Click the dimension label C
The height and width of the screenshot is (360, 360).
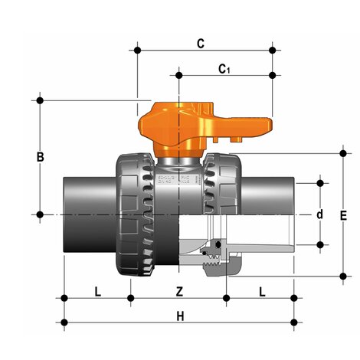coord(201,44)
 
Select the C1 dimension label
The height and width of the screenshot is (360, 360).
coord(224,70)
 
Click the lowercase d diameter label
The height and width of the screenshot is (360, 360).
coord(319,214)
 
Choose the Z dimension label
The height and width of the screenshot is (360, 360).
coord(180,291)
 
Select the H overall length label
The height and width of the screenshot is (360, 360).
coord(180,316)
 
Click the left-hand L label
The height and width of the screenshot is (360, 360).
coord(97,291)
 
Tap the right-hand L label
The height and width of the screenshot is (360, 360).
coord(262,291)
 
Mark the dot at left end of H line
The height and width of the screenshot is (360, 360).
coord(64,322)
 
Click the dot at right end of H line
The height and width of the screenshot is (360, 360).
coord(295,322)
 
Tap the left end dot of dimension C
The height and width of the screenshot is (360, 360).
coord(138,51)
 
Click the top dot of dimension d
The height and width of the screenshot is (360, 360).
coord(319,184)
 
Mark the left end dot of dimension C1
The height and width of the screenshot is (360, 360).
coord(180,75)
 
